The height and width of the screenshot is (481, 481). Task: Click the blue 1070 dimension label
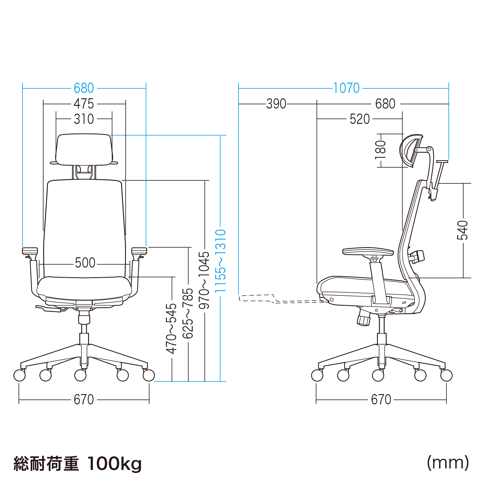point(346,88)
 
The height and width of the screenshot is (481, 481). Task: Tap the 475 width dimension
point(84,104)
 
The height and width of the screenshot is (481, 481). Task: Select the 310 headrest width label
point(84,119)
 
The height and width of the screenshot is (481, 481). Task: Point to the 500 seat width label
point(85,263)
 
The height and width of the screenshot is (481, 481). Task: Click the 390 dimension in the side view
point(276,104)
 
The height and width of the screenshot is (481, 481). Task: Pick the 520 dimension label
point(360,119)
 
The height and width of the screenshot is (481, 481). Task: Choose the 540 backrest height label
point(463,230)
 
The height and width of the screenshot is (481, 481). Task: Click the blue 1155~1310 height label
point(220,261)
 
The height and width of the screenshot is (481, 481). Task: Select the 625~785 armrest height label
point(188,314)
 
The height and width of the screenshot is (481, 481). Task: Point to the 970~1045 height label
point(204,280)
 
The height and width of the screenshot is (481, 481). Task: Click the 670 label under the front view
point(84,400)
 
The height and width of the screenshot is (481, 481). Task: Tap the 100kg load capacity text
point(115,464)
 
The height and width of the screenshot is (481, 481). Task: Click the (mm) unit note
point(448,463)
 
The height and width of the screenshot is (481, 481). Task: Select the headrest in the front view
point(84,150)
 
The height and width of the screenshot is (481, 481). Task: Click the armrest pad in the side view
point(368,252)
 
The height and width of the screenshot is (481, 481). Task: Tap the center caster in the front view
point(80,375)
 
